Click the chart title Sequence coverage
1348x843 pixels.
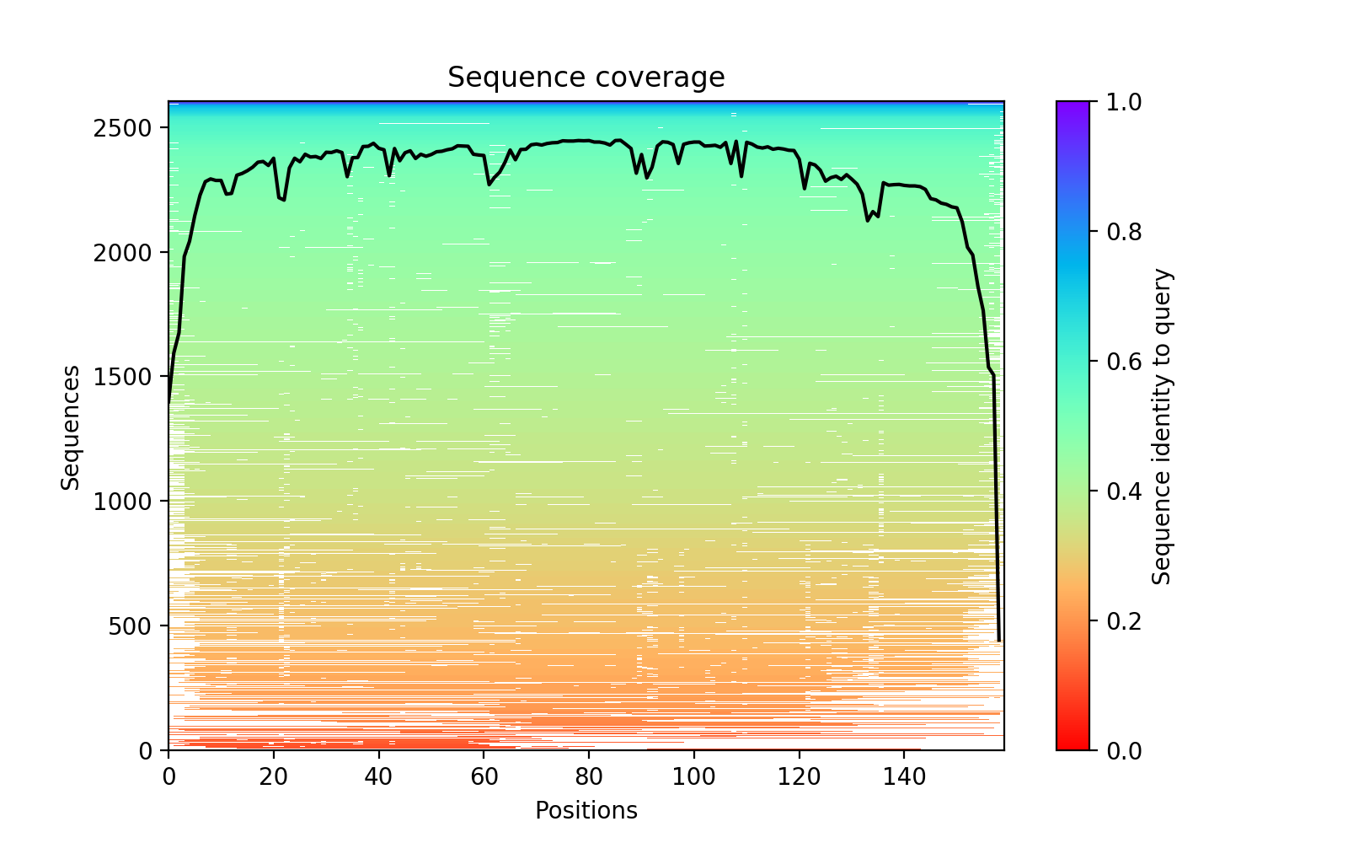tap(586, 78)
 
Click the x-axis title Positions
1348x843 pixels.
tap(586, 811)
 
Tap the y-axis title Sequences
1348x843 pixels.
tap(71, 427)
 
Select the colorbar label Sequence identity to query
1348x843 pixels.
tap(1162, 427)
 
